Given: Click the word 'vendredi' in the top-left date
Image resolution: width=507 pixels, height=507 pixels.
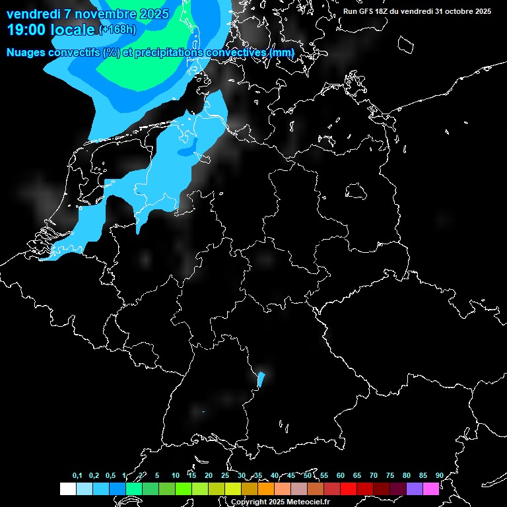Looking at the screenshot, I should pos(33,14).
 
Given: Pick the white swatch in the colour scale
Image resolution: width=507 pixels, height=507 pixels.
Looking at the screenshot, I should pos(67,489).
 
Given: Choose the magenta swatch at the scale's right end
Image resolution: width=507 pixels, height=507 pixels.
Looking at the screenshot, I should pos(430,489).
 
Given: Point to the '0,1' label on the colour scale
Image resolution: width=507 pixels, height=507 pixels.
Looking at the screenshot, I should pos(77,475).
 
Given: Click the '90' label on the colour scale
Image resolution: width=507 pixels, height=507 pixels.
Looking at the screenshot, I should pos(439,475).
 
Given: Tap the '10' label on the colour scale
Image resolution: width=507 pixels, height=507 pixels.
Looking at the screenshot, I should pos(175,475).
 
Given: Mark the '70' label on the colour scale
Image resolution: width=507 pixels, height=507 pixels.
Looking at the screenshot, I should pos(373,475).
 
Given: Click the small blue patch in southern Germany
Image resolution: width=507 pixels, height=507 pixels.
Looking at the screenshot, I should pos(261,379).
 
